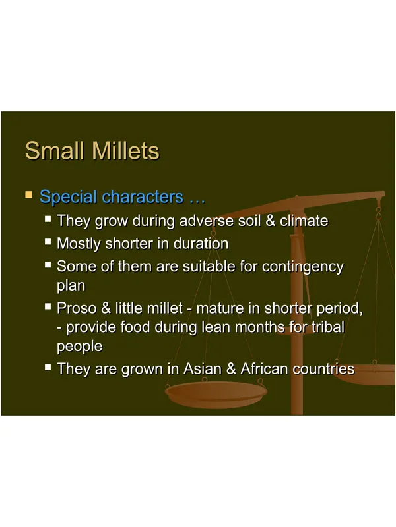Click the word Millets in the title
pos(125,150)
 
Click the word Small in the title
pos(55,150)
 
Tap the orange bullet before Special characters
pos(29,194)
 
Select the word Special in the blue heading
pos(69,197)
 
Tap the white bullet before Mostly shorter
pos(48,242)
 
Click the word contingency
pos(303,267)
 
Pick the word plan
pos(71,286)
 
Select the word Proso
pos(77,308)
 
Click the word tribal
pos(327,327)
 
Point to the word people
pos(79,347)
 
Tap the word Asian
pos(202,369)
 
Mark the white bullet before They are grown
pos(48,367)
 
